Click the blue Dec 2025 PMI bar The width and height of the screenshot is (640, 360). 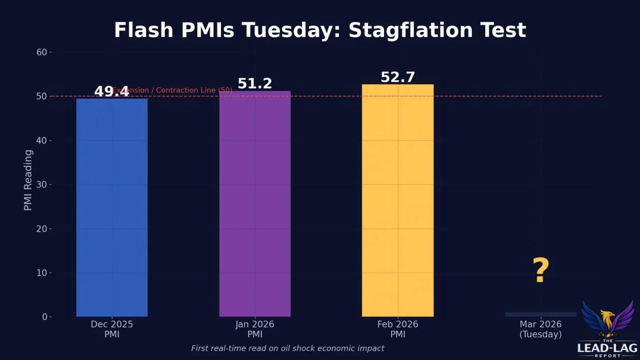[x=112, y=208]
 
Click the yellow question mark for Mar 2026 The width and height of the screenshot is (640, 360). [x=541, y=271]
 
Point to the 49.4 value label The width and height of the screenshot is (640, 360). [x=111, y=92]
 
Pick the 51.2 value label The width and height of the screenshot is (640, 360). [x=255, y=84]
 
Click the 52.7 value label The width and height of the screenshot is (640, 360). [x=398, y=77]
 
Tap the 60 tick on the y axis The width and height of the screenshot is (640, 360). [x=42, y=52]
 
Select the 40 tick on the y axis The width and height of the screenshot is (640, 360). [x=42, y=140]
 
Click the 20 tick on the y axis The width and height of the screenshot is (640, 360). [x=42, y=229]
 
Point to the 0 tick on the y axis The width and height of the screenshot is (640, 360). [x=45, y=317]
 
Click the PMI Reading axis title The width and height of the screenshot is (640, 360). [x=28, y=180]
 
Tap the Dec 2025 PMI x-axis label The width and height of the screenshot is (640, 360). [x=112, y=329]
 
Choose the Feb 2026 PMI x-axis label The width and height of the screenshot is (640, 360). [x=398, y=329]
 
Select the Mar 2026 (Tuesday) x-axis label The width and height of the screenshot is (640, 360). [x=541, y=329]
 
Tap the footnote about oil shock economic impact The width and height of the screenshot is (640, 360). [x=287, y=348]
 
